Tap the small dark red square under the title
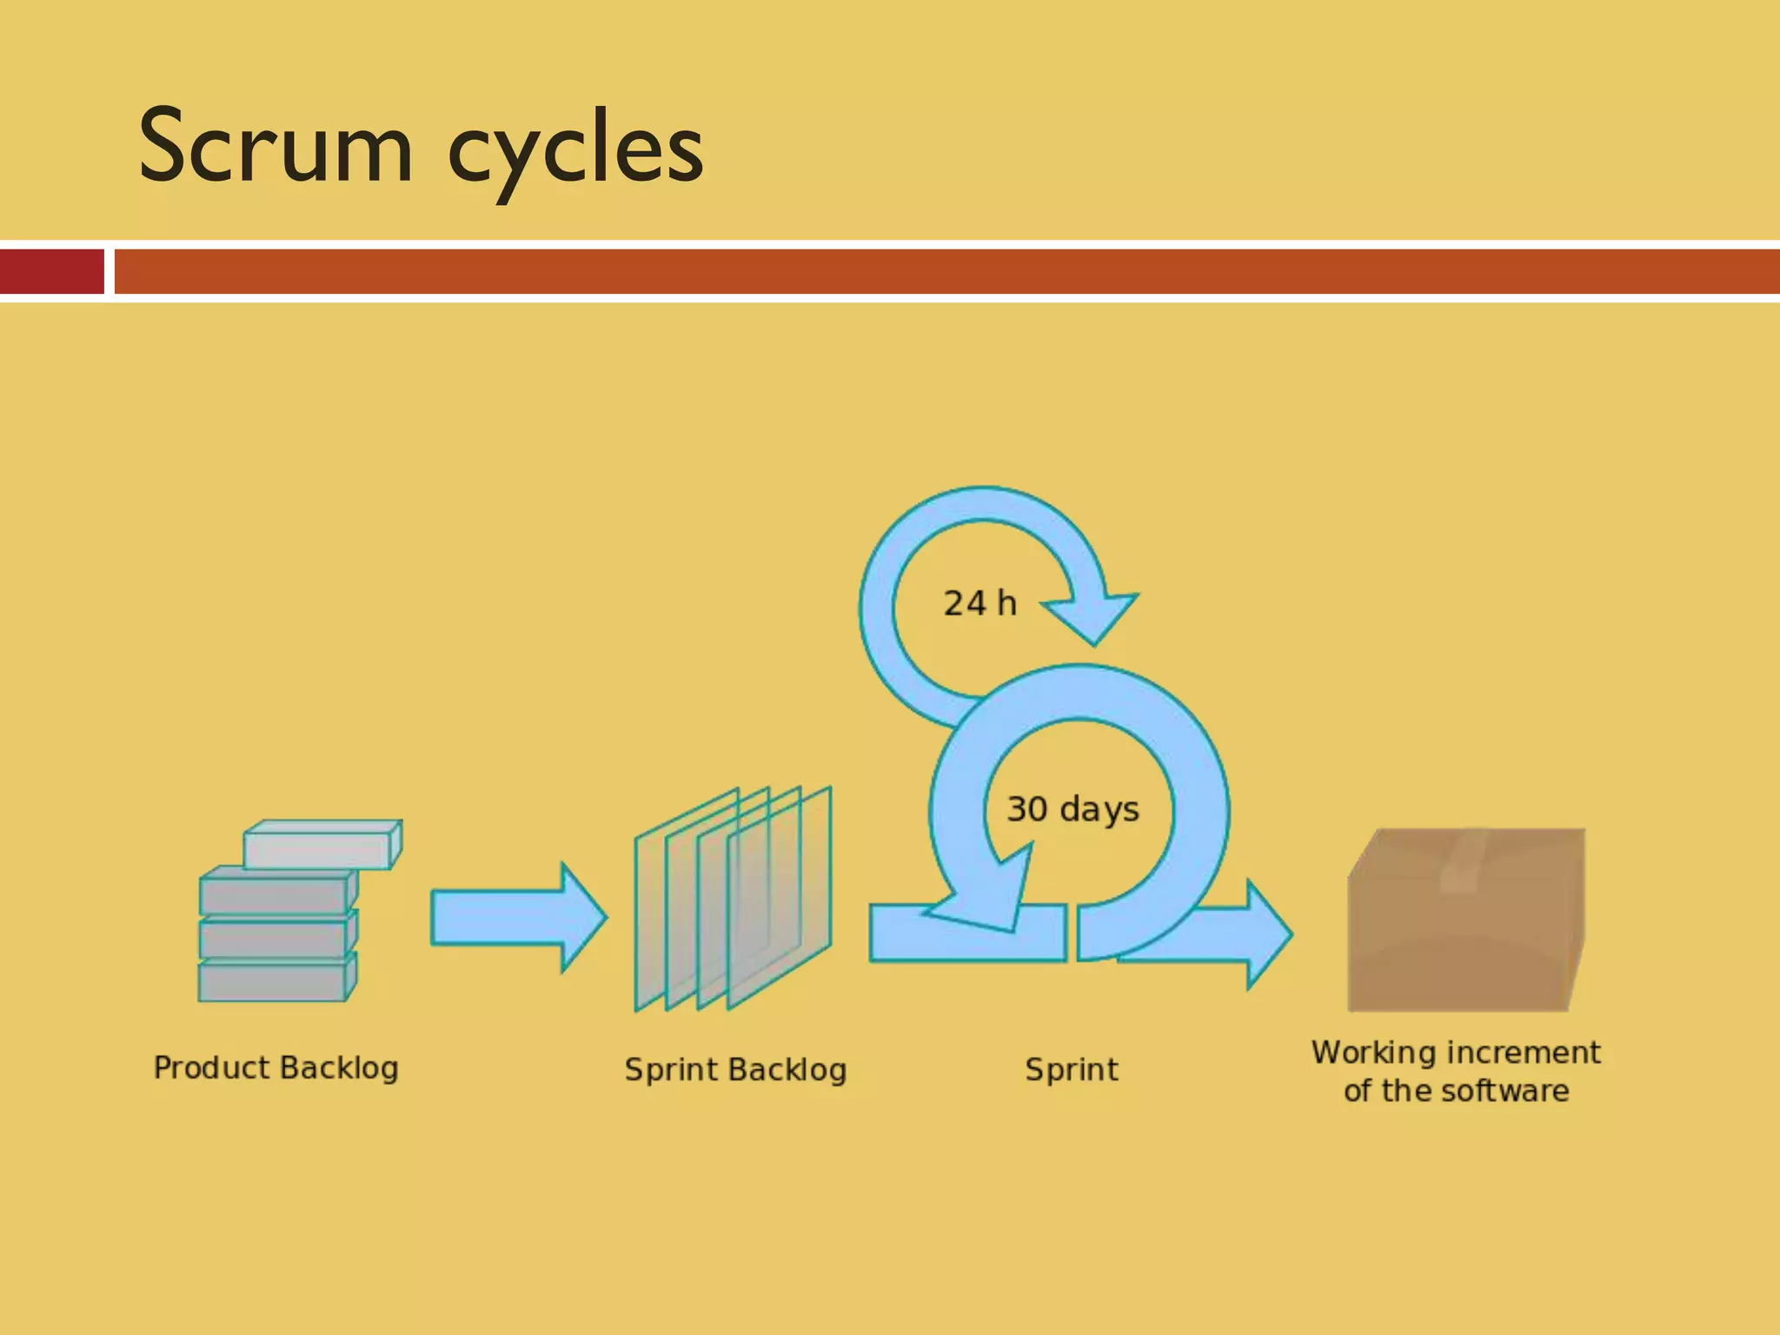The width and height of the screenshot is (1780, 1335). [51, 271]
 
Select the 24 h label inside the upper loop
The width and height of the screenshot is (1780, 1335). [980, 603]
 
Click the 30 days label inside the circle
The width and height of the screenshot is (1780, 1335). [1073, 808]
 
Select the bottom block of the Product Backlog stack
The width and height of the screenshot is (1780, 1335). [275, 980]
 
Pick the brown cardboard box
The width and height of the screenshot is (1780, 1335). [1465, 939]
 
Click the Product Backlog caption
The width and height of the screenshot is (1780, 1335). [276, 1067]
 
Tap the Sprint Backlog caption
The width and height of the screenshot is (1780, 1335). [735, 1069]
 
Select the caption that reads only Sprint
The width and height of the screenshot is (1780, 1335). [1071, 1069]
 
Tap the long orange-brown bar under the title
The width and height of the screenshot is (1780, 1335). [947, 271]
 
